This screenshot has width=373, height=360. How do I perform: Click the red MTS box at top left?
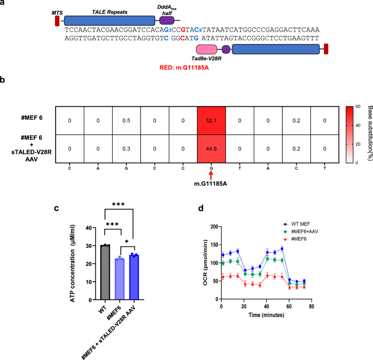click(x=57, y=21)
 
